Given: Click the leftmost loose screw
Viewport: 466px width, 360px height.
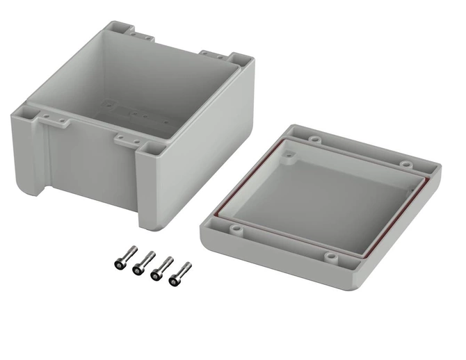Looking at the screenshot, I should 119,261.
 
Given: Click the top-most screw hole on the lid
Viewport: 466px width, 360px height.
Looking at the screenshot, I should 312,140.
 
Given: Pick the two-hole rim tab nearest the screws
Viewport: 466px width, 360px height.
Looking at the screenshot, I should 125,138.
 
